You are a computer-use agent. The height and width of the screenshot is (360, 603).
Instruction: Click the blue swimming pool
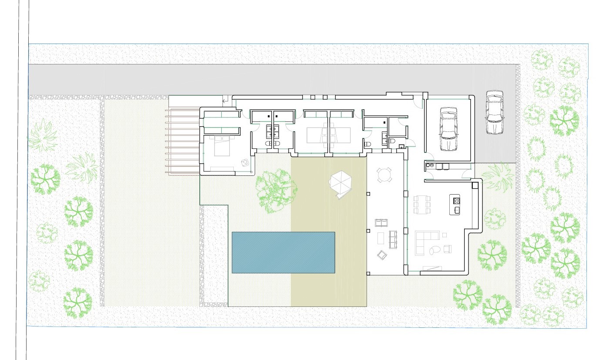(283, 252)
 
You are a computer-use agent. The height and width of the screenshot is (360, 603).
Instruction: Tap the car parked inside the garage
(448, 128)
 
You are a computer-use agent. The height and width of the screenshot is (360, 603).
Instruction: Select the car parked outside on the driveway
(494, 112)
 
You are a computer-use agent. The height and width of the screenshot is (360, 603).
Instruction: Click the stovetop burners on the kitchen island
(457, 201)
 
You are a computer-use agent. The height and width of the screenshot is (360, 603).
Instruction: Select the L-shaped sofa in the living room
(425, 242)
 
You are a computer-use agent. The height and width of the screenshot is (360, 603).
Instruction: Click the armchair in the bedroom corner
(245, 163)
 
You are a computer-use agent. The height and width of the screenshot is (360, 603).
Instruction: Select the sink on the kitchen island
(457, 210)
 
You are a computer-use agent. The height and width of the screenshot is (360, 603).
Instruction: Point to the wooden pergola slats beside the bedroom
(183, 141)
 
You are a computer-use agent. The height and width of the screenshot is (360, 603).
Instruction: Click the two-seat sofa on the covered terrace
(382, 223)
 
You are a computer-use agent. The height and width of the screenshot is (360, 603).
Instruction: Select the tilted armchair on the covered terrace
(382, 255)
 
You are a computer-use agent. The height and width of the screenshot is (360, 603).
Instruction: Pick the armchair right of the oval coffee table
(448, 249)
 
